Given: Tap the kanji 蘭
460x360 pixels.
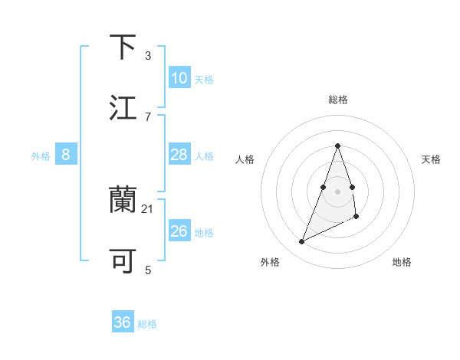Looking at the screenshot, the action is [123, 199].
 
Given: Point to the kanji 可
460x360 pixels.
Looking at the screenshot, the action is [123, 260].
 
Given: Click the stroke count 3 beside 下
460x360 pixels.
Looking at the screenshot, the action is [148, 55].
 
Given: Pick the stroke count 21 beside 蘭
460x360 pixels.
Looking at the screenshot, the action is [148, 208].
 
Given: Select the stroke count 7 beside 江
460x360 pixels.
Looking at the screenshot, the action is [148, 116].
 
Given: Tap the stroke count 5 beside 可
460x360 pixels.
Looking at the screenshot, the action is [148, 270].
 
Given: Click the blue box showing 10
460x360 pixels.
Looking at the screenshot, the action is [179, 78].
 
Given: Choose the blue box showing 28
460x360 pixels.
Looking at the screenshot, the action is [179, 155].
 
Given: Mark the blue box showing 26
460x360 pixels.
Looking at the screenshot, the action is [179, 231].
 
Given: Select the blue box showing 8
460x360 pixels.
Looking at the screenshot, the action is [66, 155].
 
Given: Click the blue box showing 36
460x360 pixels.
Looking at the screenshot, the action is [123, 322].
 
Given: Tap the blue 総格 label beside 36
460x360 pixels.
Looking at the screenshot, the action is [147, 324].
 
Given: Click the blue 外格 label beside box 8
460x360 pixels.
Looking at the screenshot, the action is [41, 156].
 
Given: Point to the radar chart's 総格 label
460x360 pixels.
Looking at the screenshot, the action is [337, 100].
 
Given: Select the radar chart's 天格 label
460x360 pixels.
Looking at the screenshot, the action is [431, 159].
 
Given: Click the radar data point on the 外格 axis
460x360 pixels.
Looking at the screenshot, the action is [301, 242].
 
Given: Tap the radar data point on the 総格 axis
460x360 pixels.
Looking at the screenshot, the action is [337, 146].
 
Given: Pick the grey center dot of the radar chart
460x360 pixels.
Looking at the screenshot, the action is [337, 190].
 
